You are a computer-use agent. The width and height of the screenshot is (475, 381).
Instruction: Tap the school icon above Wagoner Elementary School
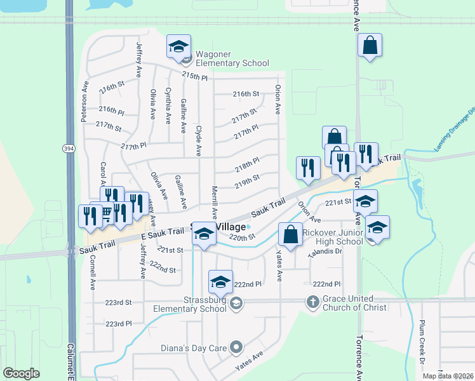pos(178,46)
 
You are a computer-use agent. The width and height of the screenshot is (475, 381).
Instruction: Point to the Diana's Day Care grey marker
pos(237,347)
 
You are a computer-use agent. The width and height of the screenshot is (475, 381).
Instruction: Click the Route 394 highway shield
pos(68,148)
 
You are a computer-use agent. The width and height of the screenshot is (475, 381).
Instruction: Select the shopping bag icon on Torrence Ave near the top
pos(369,46)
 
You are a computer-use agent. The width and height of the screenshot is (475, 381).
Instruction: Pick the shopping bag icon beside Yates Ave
pos(290,234)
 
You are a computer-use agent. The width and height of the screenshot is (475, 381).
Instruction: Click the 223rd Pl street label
pos(119,323)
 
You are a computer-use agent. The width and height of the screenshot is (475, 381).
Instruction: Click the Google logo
pos(21,373)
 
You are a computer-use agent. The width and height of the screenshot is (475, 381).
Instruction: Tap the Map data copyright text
pos(448,376)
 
